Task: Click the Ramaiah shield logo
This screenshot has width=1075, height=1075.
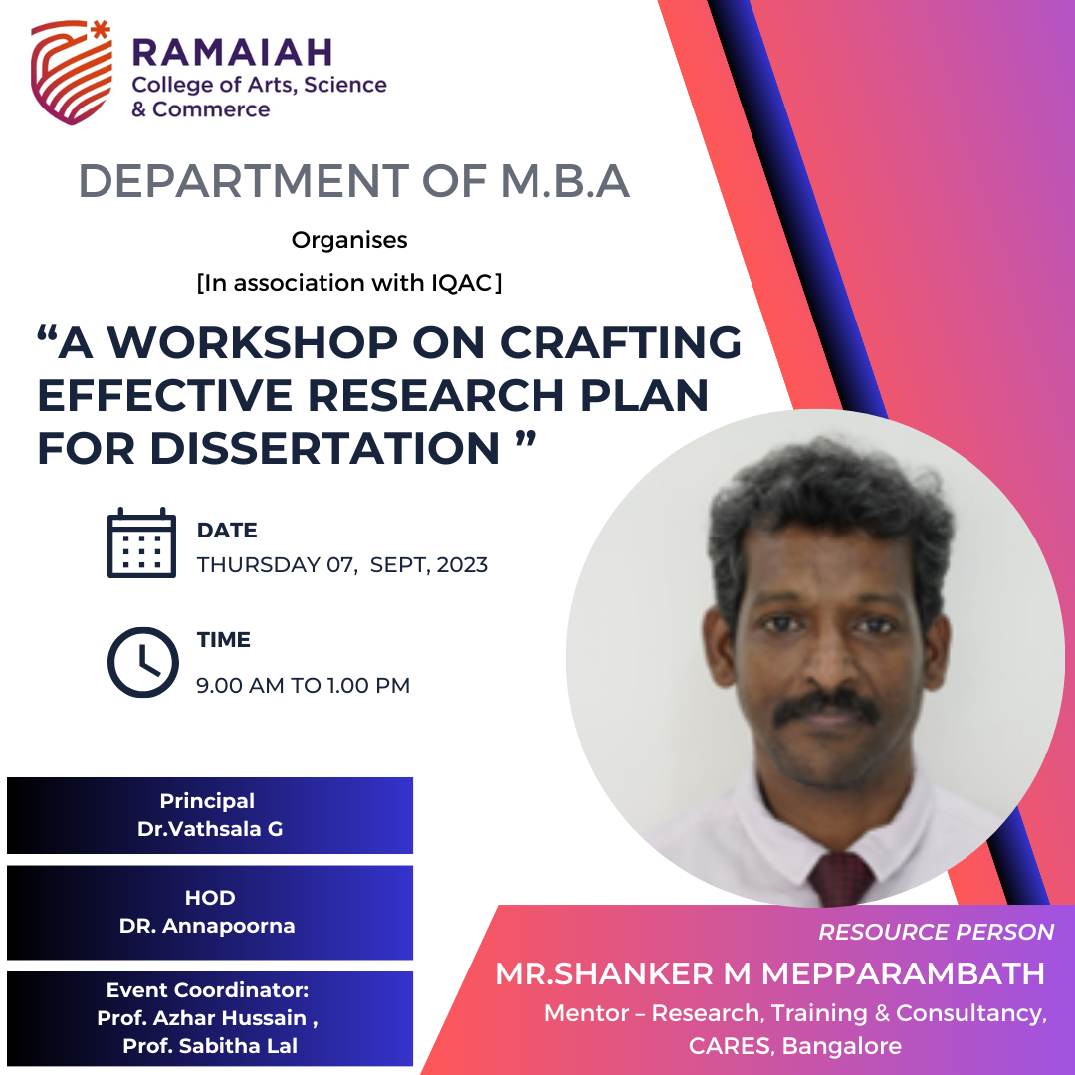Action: tap(72, 73)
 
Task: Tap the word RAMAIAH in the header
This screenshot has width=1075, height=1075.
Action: tap(232, 53)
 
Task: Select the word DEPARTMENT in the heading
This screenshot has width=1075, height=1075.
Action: tap(244, 181)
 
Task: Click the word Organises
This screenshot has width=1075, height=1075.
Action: tap(349, 240)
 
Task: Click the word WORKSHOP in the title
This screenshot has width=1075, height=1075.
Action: tap(252, 342)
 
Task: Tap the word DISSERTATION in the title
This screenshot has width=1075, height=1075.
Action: tap(324, 448)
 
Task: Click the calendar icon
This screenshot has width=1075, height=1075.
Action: tap(142, 543)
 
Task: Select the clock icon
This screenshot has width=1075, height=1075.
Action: tap(142, 662)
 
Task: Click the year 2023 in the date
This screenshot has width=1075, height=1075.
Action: tap(462, 565)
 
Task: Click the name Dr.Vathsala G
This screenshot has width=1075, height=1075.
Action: tap(210, 829)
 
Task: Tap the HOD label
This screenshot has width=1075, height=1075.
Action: tap(210, 898)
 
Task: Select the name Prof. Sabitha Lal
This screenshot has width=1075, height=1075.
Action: tap(210, 1045)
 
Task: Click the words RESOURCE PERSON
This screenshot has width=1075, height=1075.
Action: tap(936, 932)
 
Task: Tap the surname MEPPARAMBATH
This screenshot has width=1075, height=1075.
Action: tap(903, 973)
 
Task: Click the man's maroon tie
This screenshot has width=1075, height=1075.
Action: tap(841, 878)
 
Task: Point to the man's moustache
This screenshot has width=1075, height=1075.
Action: tap(827, 709)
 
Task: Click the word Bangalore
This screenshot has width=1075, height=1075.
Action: tap(842, 1045)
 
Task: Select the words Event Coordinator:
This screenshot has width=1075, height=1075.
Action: tap(208, 990)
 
